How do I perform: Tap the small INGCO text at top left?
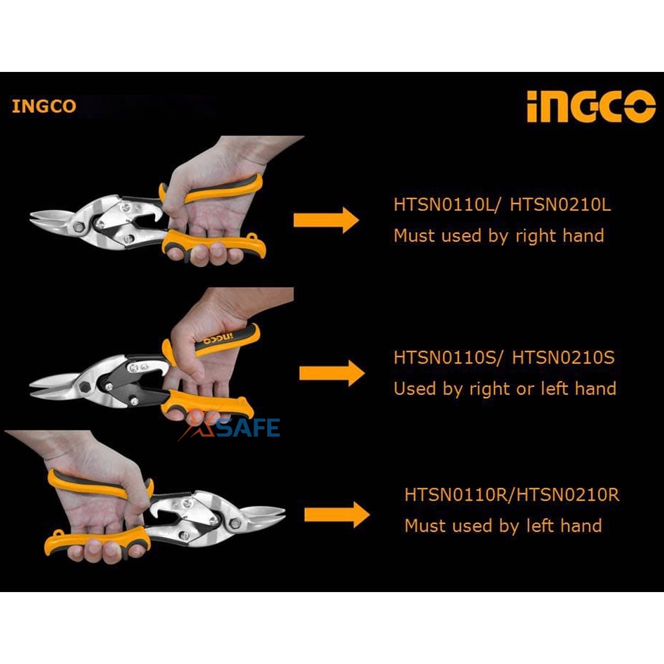tap(43, 106)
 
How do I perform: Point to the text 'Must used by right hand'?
tap(499, 235)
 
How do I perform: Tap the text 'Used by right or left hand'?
tap(504, 388)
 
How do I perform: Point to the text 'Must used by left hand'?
tap(503, 525)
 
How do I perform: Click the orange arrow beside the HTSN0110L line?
tap(326, 220)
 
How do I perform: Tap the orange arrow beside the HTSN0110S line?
tap(331, 373)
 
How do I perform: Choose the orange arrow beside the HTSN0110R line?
tap(337, 515)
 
